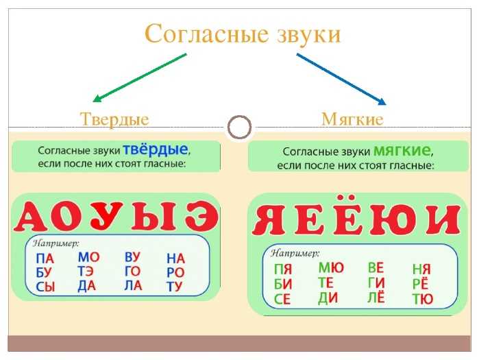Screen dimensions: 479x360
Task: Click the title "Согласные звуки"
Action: click(243, 34)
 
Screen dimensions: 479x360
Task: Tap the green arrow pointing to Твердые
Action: click(139, 78)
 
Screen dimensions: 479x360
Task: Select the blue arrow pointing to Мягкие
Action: click(341, 80)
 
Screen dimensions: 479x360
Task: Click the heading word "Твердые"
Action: click(114, 119)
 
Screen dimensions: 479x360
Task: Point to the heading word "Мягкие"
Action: click(352, 119)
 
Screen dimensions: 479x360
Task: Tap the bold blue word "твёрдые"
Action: click(155, 149)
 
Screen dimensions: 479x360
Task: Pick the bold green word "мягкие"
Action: click(402, 150)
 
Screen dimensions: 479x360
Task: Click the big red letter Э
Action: click(201, 216)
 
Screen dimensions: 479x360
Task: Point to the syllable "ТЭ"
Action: click(86, 272)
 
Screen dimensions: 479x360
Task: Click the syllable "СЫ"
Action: click(45, 287)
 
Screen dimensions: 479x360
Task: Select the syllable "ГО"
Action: click(132, 271)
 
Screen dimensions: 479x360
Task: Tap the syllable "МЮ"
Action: click(331, 268)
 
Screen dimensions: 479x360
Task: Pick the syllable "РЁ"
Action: click(420, 283)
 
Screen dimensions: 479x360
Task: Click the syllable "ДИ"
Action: click(328, 298)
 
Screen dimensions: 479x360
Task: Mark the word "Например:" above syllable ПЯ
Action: click(295, 253)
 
